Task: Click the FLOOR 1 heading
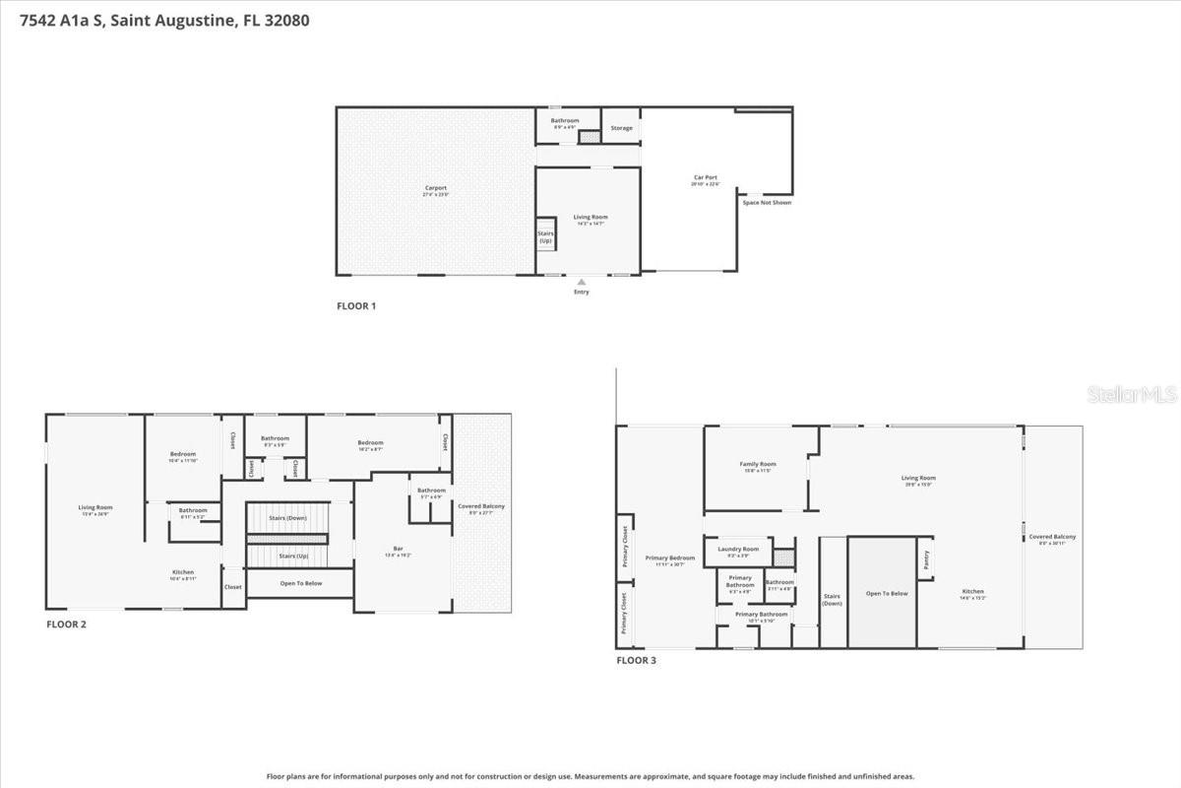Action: [x=356, y=306]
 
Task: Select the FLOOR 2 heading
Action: [x=66, y=624]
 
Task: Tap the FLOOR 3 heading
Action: [x=636, y=660]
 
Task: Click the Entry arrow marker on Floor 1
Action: [x=582, y=282]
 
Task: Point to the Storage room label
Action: [x=621, y=128]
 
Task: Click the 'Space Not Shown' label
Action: [x=767, y=203]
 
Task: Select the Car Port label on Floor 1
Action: [x=706, y=178]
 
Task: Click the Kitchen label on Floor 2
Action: [x=183, y=572]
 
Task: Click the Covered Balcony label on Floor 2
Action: [x=481, y=506]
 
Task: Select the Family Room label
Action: [x=758, y=464]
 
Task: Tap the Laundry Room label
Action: [x=738, y=549]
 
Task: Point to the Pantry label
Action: [x=925, y=558]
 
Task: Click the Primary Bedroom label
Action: [x=669, y=558]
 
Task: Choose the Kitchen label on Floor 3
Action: [x=974, y=592]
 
